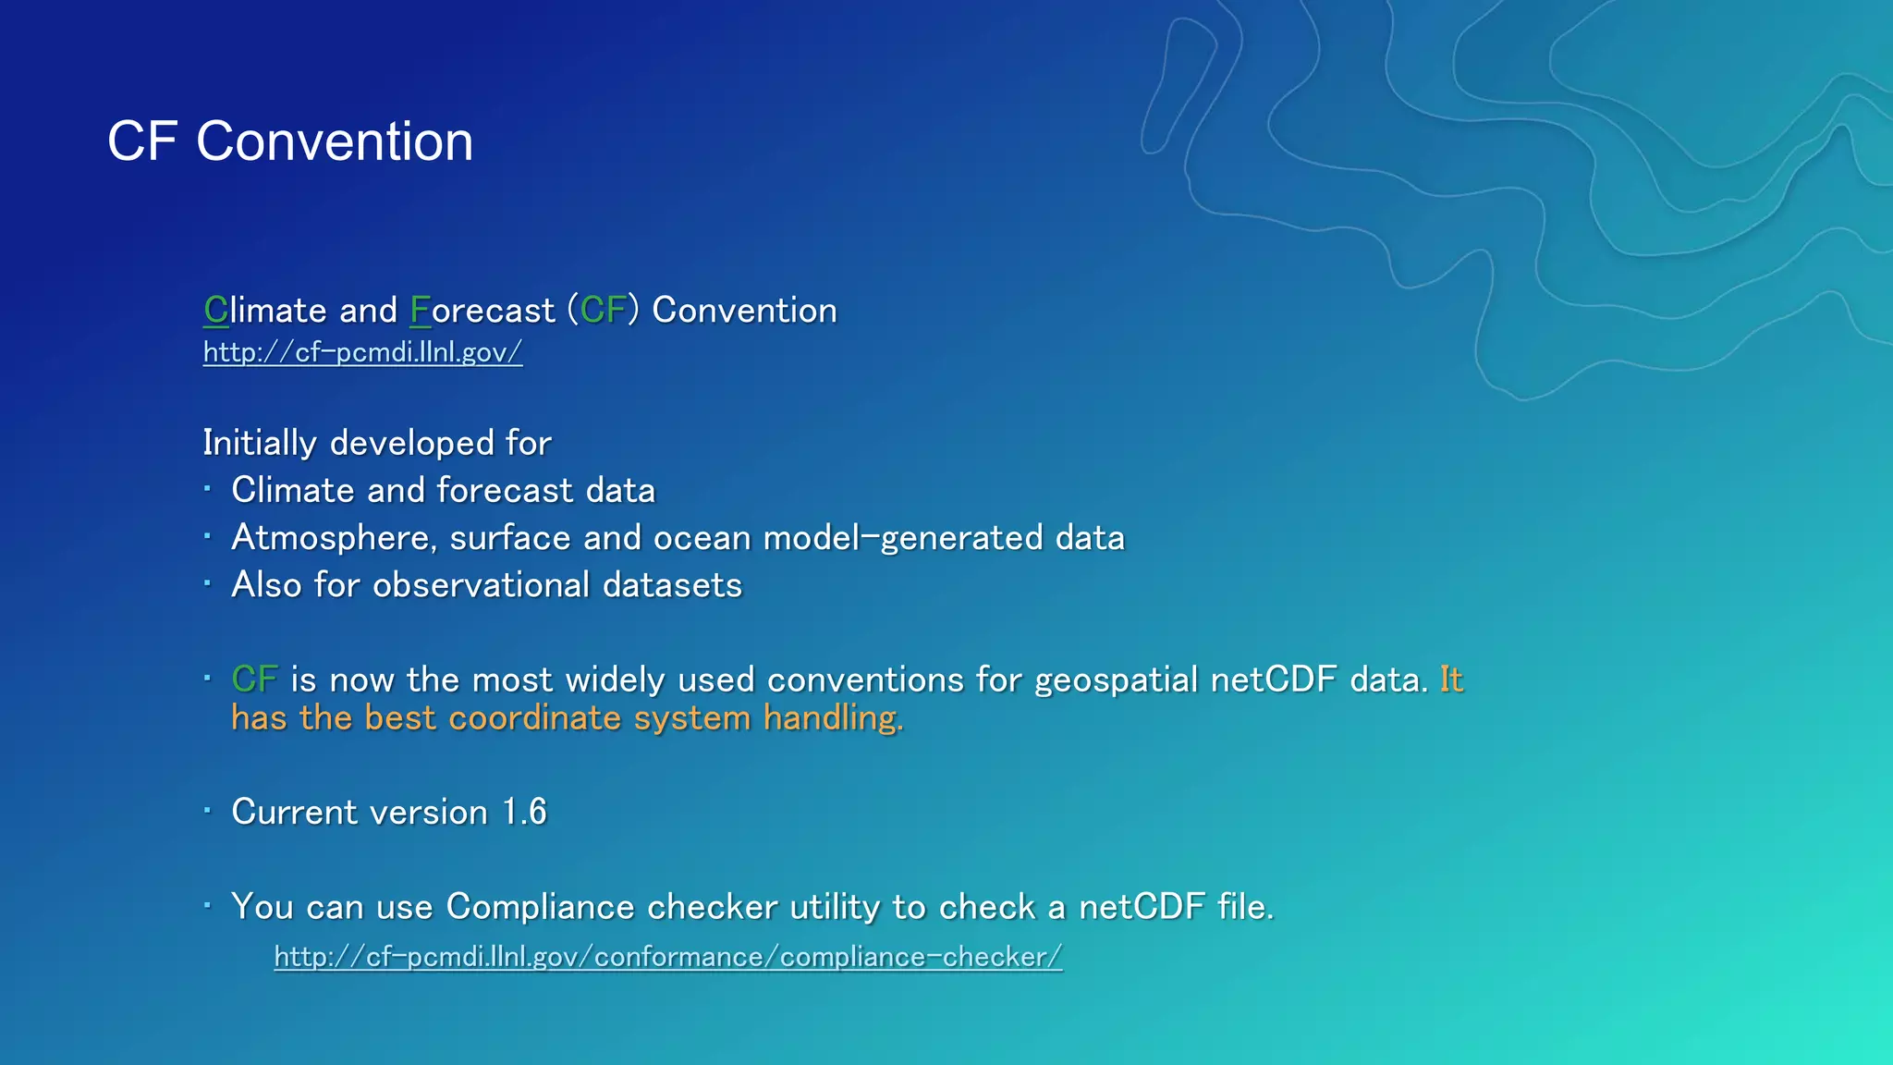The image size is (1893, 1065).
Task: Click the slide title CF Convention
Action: tap(290, 141)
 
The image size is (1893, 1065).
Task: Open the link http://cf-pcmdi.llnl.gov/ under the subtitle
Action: tap(362, 352)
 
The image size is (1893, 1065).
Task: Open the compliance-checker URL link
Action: tap(667, 957)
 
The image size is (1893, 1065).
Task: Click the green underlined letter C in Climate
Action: tap(215, 311)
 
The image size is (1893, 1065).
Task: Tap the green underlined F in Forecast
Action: tap(420, 311)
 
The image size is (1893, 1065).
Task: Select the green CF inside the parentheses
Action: tap(604, 311)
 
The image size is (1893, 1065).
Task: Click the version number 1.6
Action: tap(524, 813)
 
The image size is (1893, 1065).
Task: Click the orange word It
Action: tap(1451, 680)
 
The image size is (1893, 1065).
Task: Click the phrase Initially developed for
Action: tap(377, 443)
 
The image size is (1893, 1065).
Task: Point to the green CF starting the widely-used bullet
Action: tap(254, 680)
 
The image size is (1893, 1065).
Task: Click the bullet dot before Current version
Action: tap(208, 811)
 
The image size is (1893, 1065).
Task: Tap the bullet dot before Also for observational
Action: tap(208, 583)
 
